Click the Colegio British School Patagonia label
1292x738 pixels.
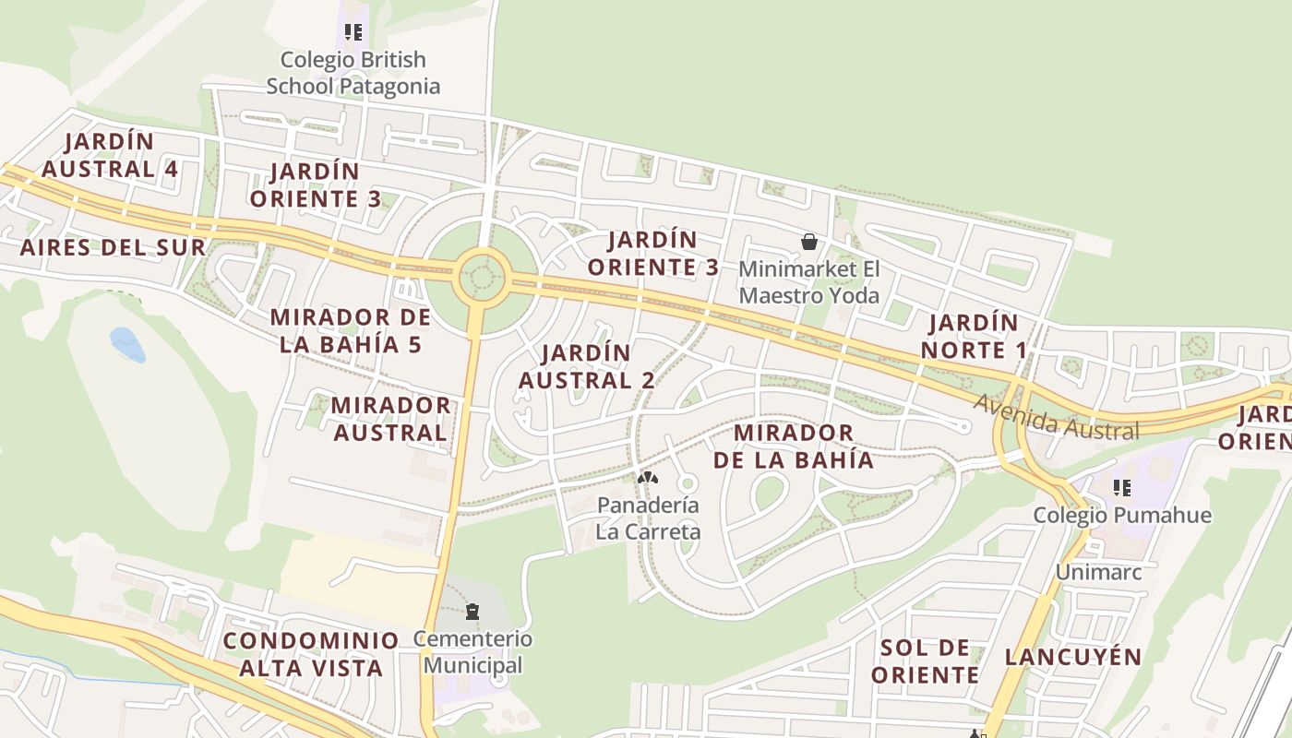(x=353, y=73)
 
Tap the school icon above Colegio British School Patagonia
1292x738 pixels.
(x=353, y=32)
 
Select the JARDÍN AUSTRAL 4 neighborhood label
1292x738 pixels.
(x=110, y=155)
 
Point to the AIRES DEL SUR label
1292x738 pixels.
(x=113, y=247)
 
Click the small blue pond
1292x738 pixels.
(x=127, y=344)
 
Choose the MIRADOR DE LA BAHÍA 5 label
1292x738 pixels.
(x=351, y=331)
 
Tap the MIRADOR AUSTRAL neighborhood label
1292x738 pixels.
(x=390, y=419)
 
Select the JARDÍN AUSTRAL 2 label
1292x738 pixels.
(x=587, y=366)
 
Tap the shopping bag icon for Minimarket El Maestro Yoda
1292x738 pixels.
(x=809, y=242)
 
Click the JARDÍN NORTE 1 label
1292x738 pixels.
(x=974, y=337)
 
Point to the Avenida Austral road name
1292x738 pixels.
(x=1057, y=418)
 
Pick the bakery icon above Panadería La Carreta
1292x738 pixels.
(x=648, y=478)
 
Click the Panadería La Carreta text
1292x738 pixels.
(x=648, y=518)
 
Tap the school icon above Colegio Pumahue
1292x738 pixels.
(x=1122, y=487)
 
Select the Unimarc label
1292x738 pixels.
(x=1098, y=572)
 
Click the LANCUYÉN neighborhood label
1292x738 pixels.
(x=1073, y=657)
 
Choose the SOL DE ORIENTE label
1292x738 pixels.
(x=925, y=661)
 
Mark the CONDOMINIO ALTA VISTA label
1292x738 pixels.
(x=311, y=654)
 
